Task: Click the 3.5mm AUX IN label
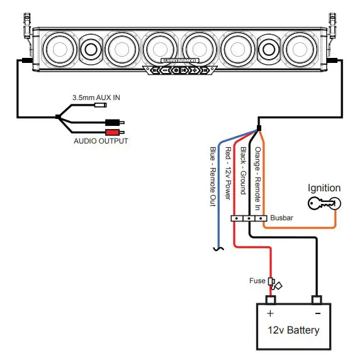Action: pyautogui.click(x=96, y=98)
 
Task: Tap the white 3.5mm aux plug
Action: pyautogui.click(x=101, y=105)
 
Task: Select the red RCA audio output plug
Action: pyautogui.click(x=115, y=132)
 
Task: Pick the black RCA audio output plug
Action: pyautogui.click(x=115, y=122)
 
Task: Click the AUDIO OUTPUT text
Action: pyautogui.click(x=101, y=141)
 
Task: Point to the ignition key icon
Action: pyautogui.click(x=324, y=203)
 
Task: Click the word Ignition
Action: pyautogui.click(x=324, y=188)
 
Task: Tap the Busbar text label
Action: pyautogui.click(x=281, y=218)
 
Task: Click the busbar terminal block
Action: pyautogui.click(x=249, y=218)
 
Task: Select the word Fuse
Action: pyautogui.click(x=257, y=281)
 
